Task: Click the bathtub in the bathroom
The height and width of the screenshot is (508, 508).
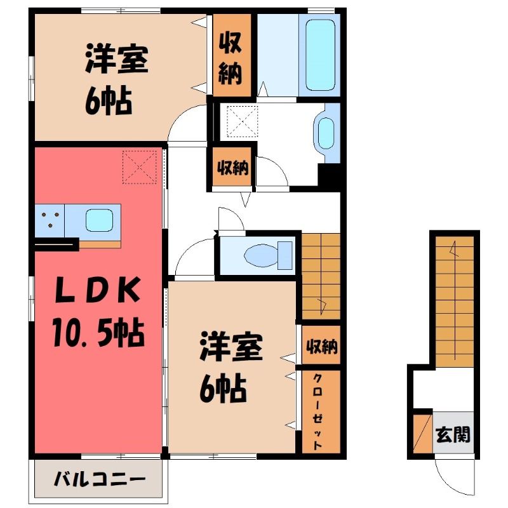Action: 320,55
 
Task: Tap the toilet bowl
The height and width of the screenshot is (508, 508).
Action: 261,255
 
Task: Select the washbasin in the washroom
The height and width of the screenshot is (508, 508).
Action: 326,133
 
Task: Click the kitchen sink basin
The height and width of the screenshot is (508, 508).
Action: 99,220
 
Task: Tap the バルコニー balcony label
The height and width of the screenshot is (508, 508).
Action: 100,479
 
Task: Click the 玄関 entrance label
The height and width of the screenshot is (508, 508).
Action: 453,434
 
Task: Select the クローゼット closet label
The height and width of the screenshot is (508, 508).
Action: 318,411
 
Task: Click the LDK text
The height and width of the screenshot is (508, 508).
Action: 98,290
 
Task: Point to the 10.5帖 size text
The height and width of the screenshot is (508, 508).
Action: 98,333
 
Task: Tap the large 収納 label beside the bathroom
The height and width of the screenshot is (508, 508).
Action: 231,59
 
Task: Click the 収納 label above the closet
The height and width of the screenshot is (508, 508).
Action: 322,347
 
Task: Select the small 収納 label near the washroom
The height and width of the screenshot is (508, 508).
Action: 232,168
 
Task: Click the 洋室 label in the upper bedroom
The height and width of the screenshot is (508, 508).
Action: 117,60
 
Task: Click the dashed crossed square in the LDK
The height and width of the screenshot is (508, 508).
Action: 140,167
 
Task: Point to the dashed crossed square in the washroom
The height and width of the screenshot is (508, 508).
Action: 242,121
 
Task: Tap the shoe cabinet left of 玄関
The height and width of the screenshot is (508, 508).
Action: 423,433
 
